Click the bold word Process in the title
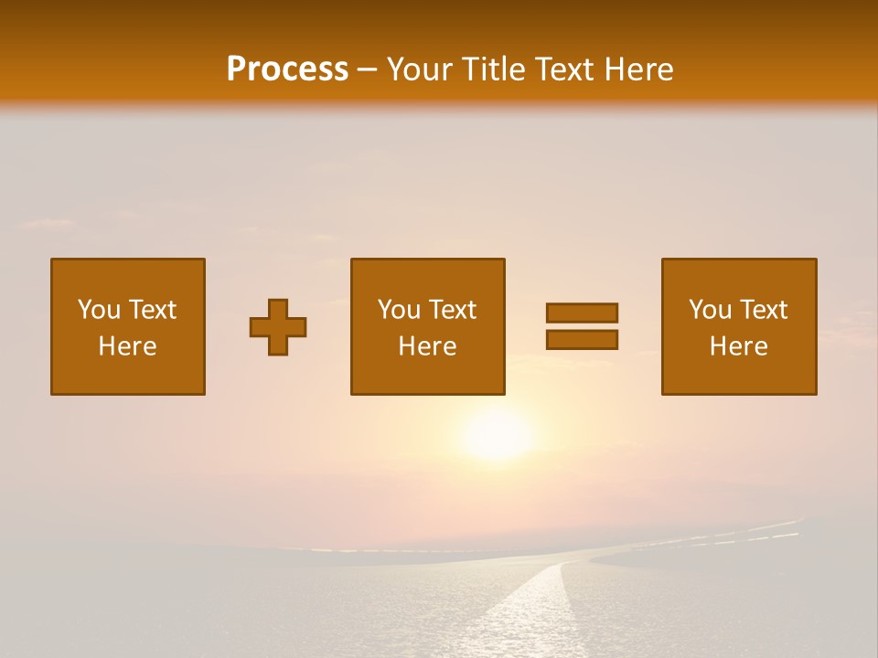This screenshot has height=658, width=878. (287, 69)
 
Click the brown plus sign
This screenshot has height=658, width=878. (278, 327)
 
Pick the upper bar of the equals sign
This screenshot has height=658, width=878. (582, 313)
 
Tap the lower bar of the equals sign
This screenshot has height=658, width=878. (582, 339)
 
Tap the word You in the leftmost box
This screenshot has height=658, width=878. (99, 310)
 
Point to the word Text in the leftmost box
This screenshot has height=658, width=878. (152, 310)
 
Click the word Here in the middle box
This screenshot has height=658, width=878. (428, 346)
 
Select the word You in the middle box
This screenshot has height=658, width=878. (399, 310)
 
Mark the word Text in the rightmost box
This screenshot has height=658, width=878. (763, 310)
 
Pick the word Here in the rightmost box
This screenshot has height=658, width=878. (739, 346)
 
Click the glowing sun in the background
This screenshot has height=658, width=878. (497, 433)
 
